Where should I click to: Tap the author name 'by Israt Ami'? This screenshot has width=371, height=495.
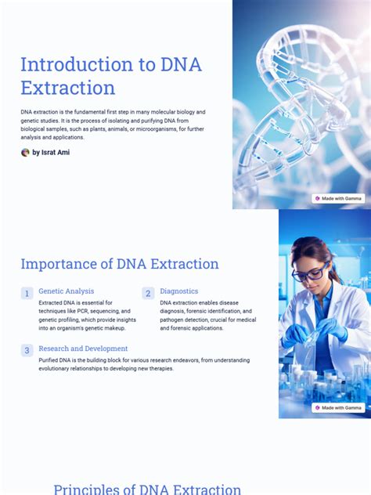[x=51, y=153]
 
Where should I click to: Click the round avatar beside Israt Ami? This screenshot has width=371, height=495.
[x=25, y=153]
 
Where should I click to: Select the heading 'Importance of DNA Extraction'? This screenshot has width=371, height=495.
[x=120, y=264]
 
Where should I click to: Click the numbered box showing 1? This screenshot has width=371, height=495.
[x=27, y=294]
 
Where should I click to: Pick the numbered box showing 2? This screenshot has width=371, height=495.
[x=148, y=294]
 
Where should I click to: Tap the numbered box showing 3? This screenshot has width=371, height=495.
[x=27, y=351]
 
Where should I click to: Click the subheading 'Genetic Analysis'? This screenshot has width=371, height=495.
[x=66, y=291]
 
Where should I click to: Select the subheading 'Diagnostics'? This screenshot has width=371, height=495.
[x=179, y=291]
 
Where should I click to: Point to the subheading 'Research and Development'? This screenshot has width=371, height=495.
[x=83, y=349]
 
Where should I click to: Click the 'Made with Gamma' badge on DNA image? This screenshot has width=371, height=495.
[x=338, y=199]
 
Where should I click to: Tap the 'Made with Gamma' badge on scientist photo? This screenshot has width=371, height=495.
[x=338, y=408]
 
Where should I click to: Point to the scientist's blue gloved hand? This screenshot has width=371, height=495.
[x=297, y=333]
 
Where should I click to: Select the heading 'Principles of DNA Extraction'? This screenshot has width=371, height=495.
[x=147, y=490]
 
